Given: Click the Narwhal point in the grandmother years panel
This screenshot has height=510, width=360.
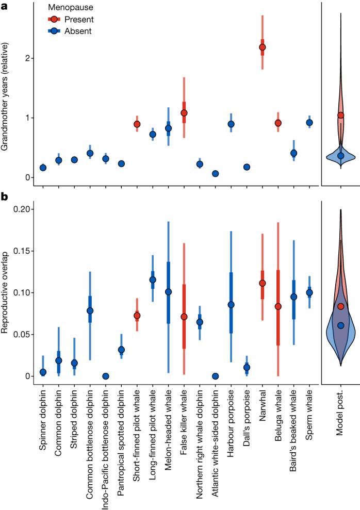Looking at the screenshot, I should tap(263, 47).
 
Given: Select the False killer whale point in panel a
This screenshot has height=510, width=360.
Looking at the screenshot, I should tap(184, 112).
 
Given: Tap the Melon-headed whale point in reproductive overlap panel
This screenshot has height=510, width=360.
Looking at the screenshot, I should tap(168, 292).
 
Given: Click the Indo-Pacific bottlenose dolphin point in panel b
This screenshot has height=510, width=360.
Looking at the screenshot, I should tap(105, 376).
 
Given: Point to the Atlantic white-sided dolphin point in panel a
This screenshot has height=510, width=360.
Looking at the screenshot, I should tap(215, 174).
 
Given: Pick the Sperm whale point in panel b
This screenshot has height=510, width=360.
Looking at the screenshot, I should tap(309, 292).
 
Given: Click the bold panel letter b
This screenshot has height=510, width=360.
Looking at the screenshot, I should tap(4, 196).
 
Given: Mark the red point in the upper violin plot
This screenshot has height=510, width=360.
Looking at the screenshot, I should tap(340, 115).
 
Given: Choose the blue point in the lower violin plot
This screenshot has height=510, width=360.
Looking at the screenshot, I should tap(340, 325).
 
